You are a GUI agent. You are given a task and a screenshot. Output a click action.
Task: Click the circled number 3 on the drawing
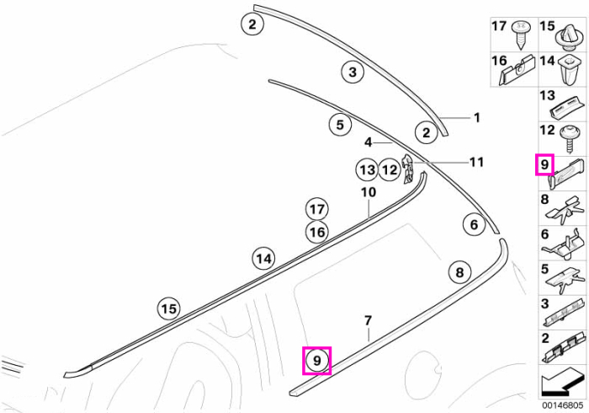pos(353,72)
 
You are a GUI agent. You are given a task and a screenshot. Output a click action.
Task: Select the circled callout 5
pos(340,125)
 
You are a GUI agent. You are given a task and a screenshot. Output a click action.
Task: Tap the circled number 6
pos(474,224)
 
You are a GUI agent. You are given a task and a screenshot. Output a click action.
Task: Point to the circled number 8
pos(459,272)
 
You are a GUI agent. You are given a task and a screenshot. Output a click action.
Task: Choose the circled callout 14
pos(263,259)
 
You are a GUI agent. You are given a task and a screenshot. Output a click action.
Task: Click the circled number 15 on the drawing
pos(168,308)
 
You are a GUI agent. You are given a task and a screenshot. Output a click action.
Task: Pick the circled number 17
pos(317,209)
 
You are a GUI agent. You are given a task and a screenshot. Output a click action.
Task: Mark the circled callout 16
pos(317,232)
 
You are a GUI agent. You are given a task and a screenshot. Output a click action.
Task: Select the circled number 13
pos(367,170)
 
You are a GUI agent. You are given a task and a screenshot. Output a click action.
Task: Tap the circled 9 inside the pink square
pos(317,361)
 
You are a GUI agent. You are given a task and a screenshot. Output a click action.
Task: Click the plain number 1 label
pos(477,118)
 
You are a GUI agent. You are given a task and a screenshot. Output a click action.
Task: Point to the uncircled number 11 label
pos(477,162)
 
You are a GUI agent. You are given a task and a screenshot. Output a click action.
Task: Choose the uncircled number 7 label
pos(369,320)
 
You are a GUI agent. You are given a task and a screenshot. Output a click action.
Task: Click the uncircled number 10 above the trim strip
pos(369,192)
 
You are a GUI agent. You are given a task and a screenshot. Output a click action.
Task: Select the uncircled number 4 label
pos(369,142)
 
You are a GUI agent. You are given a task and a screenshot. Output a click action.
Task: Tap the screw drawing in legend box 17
pos(521,35)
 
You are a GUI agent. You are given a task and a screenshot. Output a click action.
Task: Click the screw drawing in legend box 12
pos(569,139)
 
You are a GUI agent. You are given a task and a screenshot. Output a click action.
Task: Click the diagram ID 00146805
pos(562,405)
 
